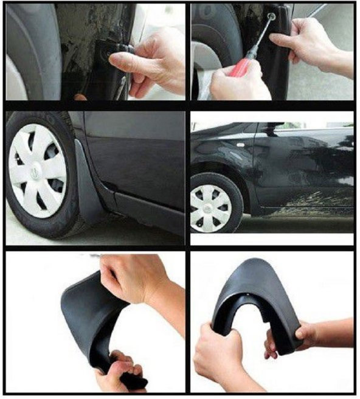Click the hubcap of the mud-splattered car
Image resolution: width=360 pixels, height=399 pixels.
click(x=210, y=207)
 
